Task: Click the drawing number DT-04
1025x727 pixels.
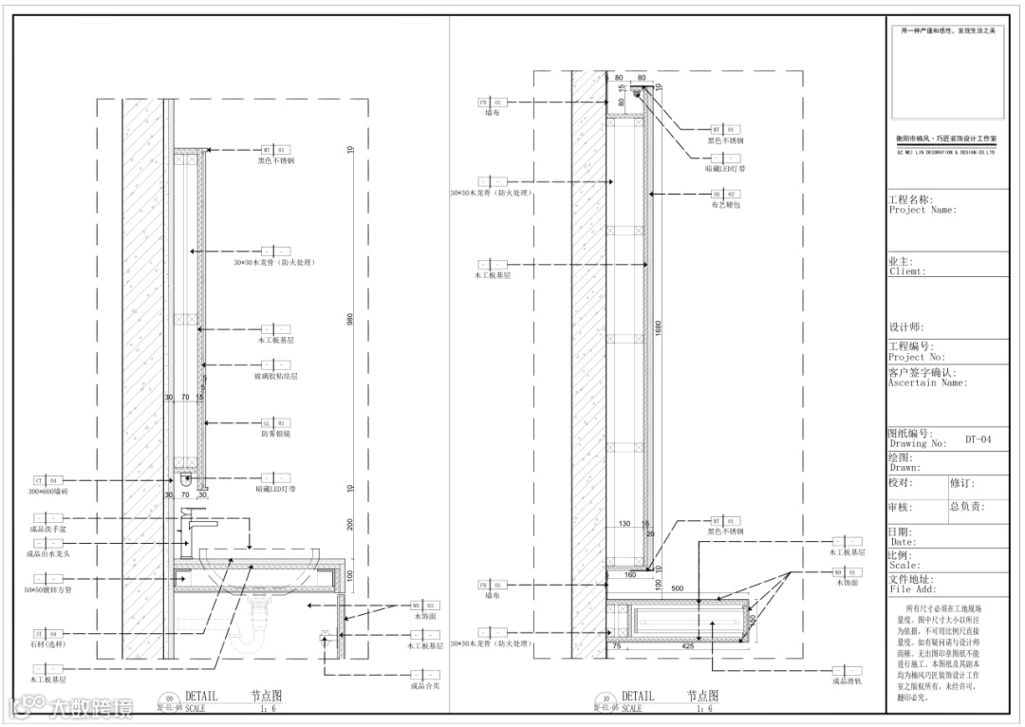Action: (978, 439)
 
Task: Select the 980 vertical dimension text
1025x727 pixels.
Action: (350, 321)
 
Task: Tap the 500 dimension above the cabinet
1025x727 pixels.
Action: (677, 589)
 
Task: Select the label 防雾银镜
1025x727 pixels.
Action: (275, 434)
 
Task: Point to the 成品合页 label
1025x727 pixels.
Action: (424, 685)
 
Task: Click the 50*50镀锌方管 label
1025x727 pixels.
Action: (49, 589)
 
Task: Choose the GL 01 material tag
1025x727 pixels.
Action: (275, 423)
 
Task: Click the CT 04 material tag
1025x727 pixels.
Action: (47, 481)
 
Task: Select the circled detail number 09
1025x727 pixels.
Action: (170, 698)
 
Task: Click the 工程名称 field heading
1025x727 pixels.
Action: (910, 200)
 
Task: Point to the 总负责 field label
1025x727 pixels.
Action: (968, 508)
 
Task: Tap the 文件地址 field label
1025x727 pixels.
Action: (910, 579)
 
